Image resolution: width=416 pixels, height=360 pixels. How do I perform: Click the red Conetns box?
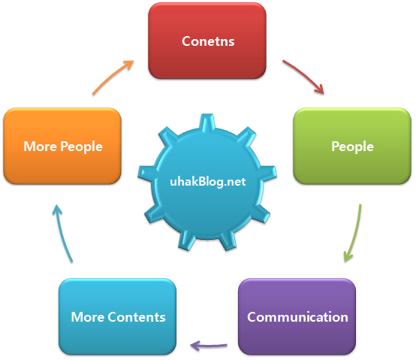(207, 41)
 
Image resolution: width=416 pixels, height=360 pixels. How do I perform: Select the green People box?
(352, 146)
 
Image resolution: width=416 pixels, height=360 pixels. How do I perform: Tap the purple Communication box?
(297, 316)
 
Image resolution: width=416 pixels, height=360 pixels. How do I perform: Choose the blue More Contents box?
(118, 316)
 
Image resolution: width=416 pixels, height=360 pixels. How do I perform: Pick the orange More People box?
(62, 146)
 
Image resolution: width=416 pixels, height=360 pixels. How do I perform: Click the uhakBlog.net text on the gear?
(208, 182)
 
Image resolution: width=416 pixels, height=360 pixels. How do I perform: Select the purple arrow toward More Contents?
(209, 346)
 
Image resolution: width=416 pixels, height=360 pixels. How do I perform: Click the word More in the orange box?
(40, 147)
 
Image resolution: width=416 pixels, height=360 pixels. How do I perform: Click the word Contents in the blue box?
(137, 317)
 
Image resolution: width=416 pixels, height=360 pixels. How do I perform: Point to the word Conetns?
(208, 41)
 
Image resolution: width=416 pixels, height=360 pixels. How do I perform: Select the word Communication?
(297, 317)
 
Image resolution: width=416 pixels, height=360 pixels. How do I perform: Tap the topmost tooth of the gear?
(206, 122)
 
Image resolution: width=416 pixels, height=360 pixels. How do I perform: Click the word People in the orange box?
(81, 147)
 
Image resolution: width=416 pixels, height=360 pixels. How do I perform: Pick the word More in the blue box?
(88, 317)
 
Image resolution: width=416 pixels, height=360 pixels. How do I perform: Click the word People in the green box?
(353, 147)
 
